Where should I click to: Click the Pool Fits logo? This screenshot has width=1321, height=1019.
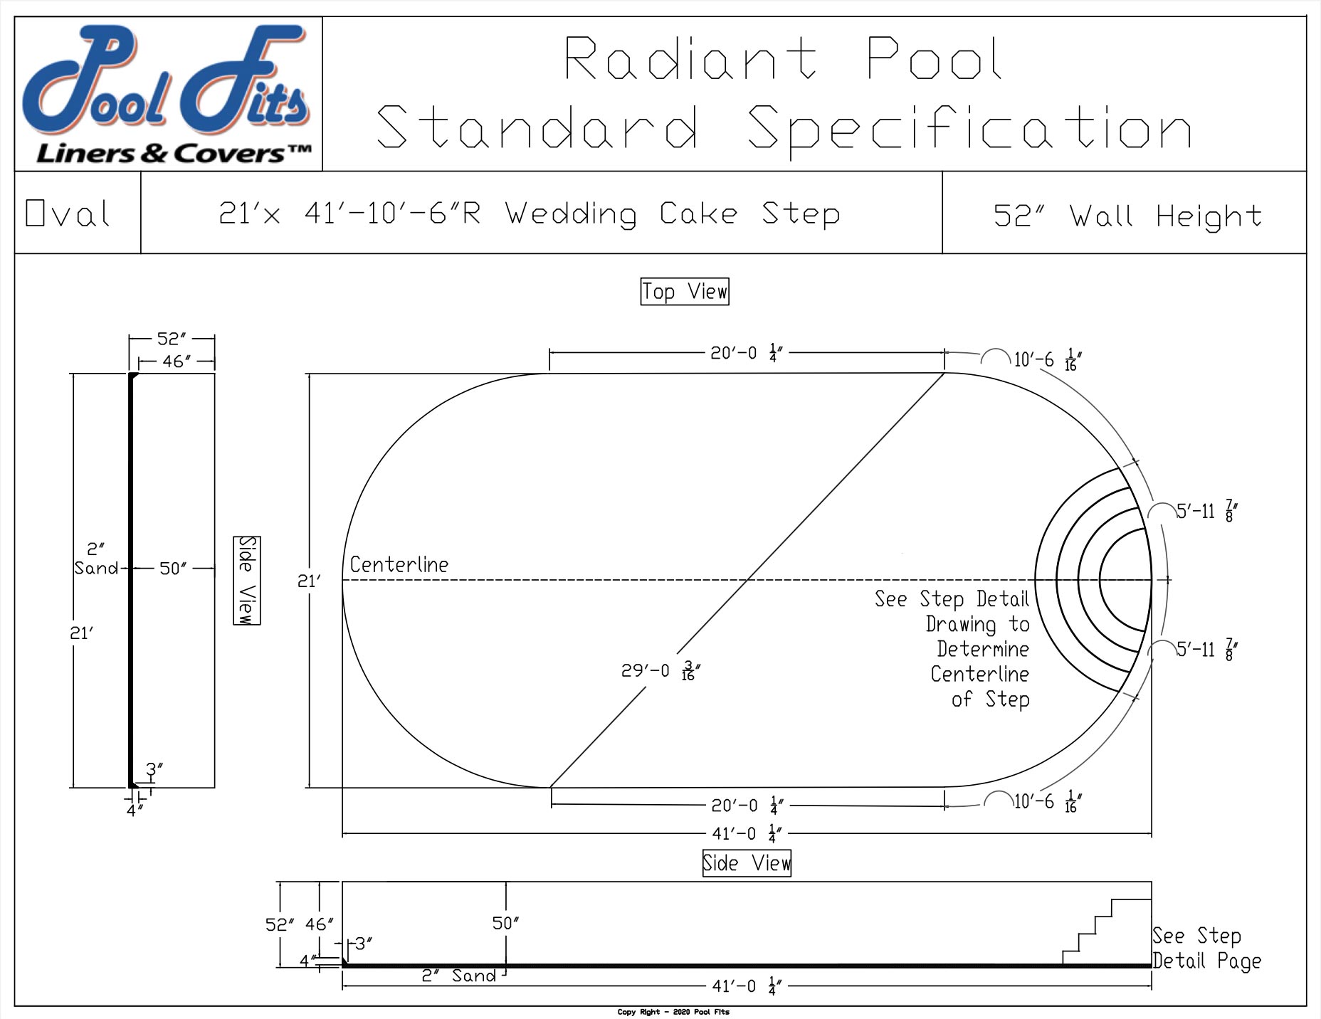coord(169,94)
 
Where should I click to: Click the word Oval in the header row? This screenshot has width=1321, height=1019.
coord(68,213)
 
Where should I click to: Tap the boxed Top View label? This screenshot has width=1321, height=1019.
coord(685,292)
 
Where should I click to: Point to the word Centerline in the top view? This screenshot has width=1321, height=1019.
coord(399,565)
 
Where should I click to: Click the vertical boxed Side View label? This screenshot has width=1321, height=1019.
coord(247,581)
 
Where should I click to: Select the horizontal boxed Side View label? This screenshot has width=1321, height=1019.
coord(747,863)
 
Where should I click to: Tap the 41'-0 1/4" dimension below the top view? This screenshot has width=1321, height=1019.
coord(746,833)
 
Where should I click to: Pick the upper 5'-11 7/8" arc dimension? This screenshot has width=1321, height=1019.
coord(1207,512)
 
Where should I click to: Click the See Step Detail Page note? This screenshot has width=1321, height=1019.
coord(1206,949)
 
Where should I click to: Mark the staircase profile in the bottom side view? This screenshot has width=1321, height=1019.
coord(1105,932)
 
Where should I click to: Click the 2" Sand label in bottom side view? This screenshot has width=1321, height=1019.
coord(459,976)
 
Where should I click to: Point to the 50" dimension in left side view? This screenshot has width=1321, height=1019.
coord(172,569)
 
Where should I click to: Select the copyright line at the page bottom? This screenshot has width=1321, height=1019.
coord(673,1012)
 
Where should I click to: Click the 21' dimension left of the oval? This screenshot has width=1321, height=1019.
coord(309,581)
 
